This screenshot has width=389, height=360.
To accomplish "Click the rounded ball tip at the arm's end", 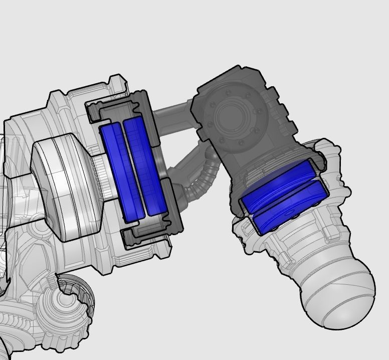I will click(341, 298).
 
